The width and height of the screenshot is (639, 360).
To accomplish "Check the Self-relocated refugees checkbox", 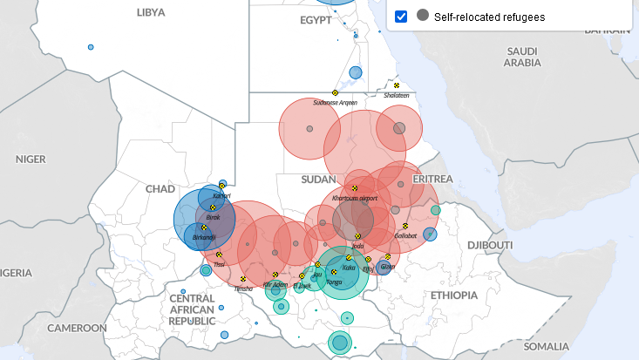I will [x=401, y=17].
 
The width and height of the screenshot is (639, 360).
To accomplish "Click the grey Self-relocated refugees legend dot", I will [x=423, y=16].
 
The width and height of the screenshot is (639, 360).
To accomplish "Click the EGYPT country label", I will [x=316, y=20].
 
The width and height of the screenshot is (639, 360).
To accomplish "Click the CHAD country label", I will [x=160, y=188].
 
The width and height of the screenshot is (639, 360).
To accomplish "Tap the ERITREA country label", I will [x=432, y=179].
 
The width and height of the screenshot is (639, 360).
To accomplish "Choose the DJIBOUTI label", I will [x=491, y=245].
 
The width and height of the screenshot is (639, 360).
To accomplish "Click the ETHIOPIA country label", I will [x=454, y=295].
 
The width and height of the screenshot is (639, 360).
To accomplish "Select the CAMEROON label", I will [x=77, y=328].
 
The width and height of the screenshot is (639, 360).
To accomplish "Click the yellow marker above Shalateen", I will [x=396, y=85].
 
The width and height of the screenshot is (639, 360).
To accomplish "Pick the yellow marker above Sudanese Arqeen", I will [x=335, y=92].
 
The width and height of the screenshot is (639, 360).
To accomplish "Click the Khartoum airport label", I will [x=354, y=198].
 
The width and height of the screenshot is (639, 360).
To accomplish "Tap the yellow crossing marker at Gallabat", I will [x=404, y=227].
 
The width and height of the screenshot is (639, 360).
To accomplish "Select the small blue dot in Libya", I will [x=91, y=47].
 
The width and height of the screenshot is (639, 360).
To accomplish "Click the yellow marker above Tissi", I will [x=219, y=255].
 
